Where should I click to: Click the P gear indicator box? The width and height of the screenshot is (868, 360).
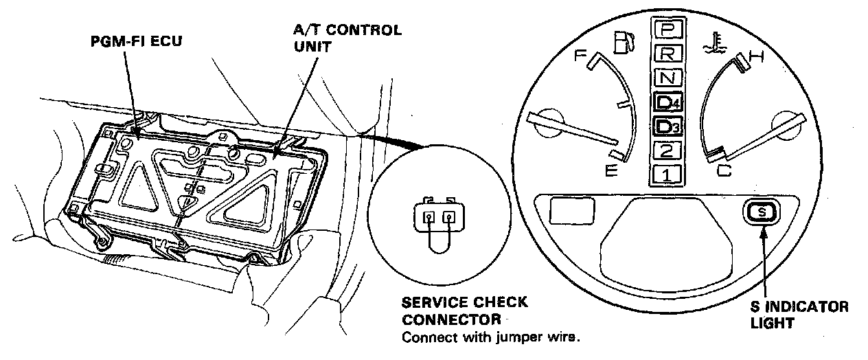click(x=666, y=29)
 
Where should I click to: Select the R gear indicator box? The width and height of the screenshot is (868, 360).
click(x=666, y=54)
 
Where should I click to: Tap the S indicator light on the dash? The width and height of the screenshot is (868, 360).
click(x=761, y=213)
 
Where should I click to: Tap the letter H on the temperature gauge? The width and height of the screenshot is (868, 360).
click(x=756, y=59)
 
